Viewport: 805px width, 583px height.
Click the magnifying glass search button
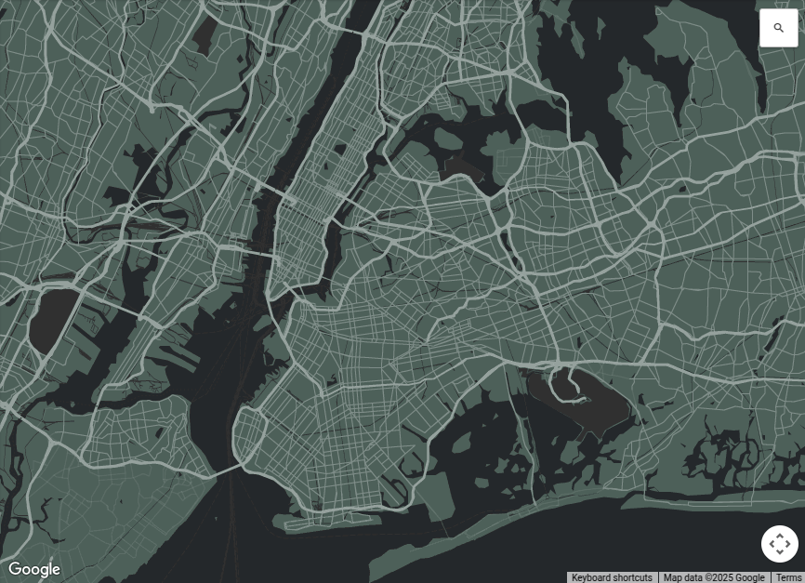coord(779,28)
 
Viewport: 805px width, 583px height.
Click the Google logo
coord(33,569)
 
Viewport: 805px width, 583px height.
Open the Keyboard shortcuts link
coord(612,577)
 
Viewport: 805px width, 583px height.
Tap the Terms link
coord(788,577)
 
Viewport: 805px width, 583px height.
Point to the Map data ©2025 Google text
coord(714,577)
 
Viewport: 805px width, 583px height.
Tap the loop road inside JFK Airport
coord(563,384)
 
